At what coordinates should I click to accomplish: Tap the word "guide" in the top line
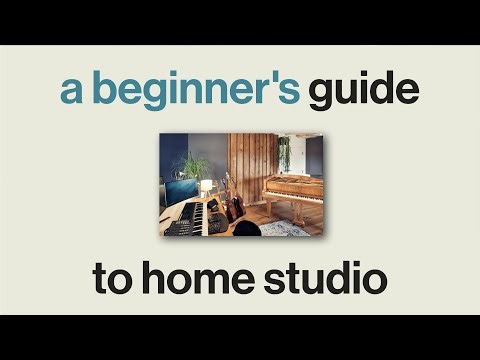coord(362,92)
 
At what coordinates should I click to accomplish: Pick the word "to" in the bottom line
coord(114,278)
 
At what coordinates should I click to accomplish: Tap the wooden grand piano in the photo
coord(292,187)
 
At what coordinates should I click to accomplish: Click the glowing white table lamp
coord(207,186)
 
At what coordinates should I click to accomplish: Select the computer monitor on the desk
coord(181,191)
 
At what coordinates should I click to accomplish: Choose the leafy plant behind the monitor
coord(191,166)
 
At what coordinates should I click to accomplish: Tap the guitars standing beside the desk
coord(233,203)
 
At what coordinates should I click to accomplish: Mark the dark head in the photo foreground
coord(245,229)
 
